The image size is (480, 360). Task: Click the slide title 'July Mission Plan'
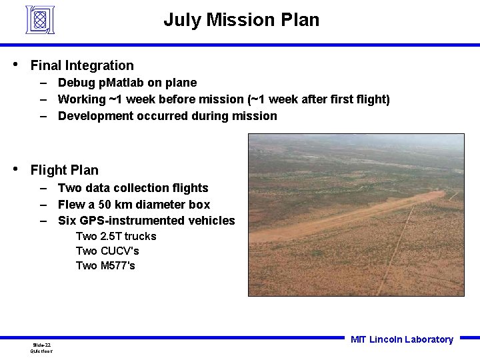[241, 20]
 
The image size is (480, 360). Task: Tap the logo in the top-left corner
[40, 19]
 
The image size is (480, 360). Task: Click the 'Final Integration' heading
[82, 65]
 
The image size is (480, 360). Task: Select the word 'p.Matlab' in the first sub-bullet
[115, 83]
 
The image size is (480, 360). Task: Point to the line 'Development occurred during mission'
[167, 116]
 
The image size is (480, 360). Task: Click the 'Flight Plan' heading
[64, 170]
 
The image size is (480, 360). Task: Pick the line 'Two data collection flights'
[133, 188]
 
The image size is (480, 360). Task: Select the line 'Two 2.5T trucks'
[116, 236]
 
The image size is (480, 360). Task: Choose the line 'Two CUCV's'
[107, 251]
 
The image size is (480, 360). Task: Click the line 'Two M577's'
[105, 265]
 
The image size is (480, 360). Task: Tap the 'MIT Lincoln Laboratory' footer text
[401, 339]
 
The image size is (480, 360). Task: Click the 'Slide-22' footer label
[41, 345]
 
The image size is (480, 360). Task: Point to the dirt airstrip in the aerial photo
[373, 213]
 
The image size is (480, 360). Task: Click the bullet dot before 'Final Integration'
[16, 65]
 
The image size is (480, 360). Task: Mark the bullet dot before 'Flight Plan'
[16, 169]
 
